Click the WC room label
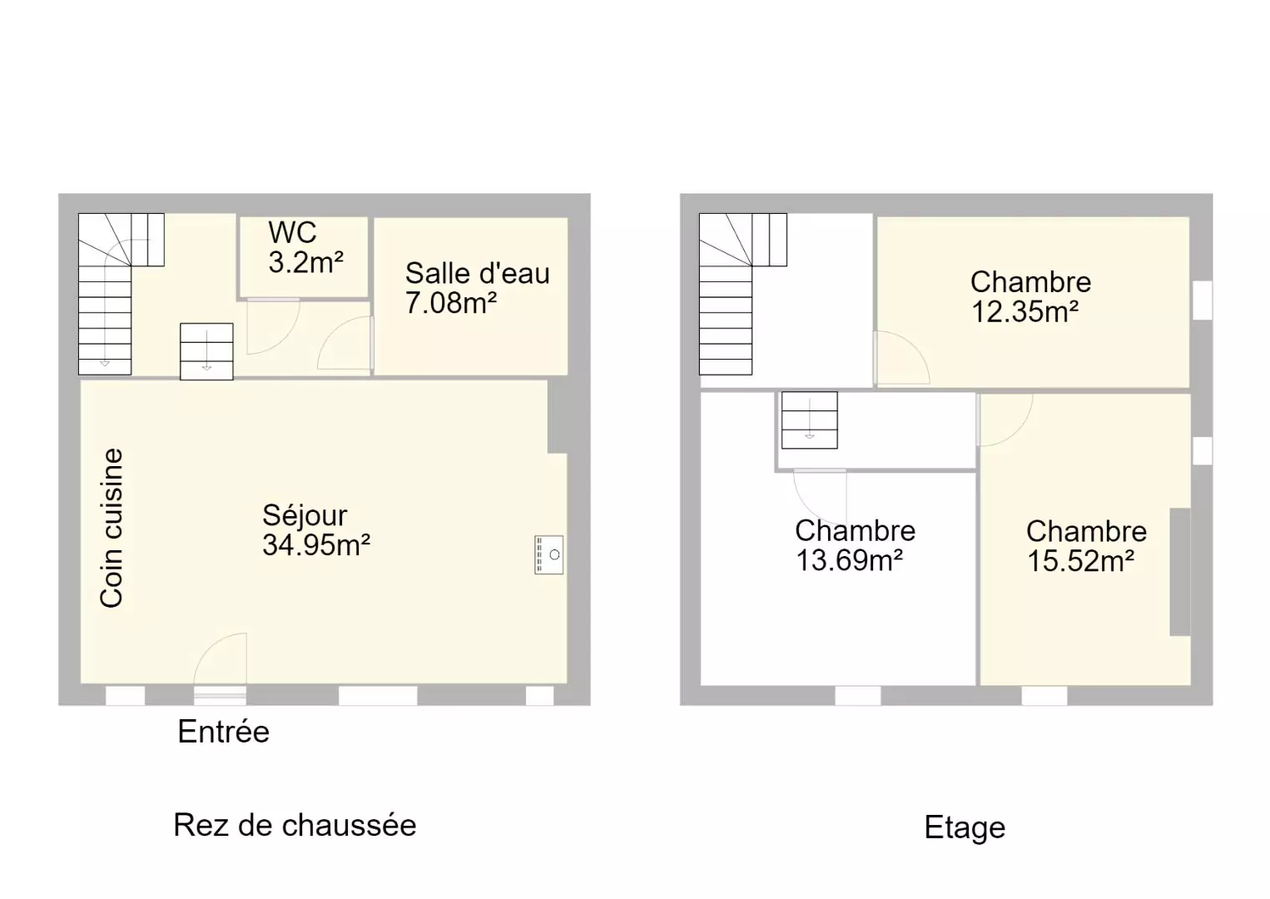pos(292,232)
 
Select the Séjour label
pos(305,515)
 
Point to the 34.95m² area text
pos(315,545)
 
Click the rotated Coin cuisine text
pos(112,528)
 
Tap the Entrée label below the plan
pos(223,731)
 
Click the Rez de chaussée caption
pos(295,825)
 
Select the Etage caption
pos(965,827)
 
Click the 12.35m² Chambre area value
pos(1025,311)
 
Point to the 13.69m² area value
pos(850,560)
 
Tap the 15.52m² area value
pos(1080,561)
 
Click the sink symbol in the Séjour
pos(548,554)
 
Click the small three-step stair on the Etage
pos(810,420)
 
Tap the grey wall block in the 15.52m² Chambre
pos(1180,572)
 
